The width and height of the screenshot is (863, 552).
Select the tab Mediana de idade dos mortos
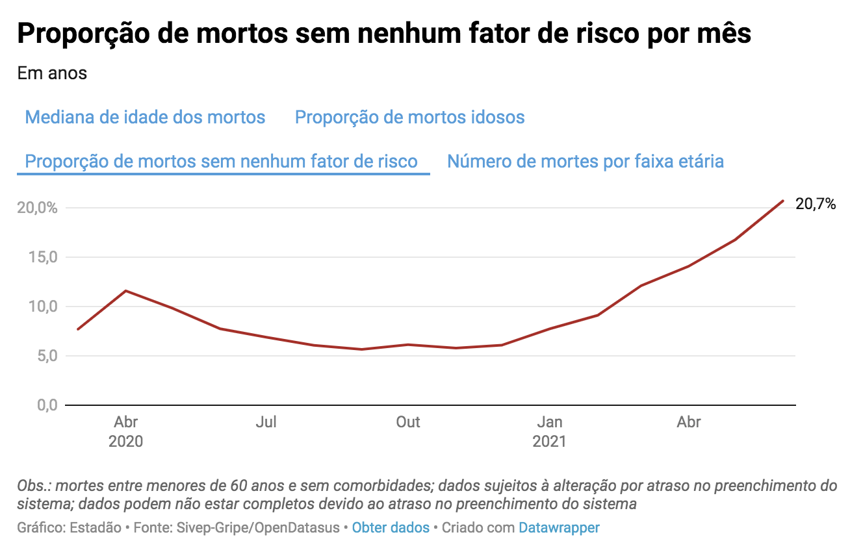[145, 118]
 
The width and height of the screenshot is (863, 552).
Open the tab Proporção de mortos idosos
[409, 118]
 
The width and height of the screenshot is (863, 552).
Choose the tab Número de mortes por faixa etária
[586, 161]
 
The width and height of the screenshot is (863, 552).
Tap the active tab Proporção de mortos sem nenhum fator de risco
[221, 162]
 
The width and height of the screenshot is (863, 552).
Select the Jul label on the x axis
[266, 422]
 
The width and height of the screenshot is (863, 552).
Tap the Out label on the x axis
[408, 422]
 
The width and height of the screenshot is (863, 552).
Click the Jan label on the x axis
[550, 422]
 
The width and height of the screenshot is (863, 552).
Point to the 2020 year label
[125, 442]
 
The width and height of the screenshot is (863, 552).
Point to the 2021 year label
[550, 442]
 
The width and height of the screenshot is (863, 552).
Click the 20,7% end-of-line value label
[816, 204]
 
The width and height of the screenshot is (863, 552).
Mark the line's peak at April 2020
[125, 290]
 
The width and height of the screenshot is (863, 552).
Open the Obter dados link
[391, 527]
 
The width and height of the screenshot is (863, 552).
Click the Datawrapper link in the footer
[559, 527]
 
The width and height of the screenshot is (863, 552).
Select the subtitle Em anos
[52, 73]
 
